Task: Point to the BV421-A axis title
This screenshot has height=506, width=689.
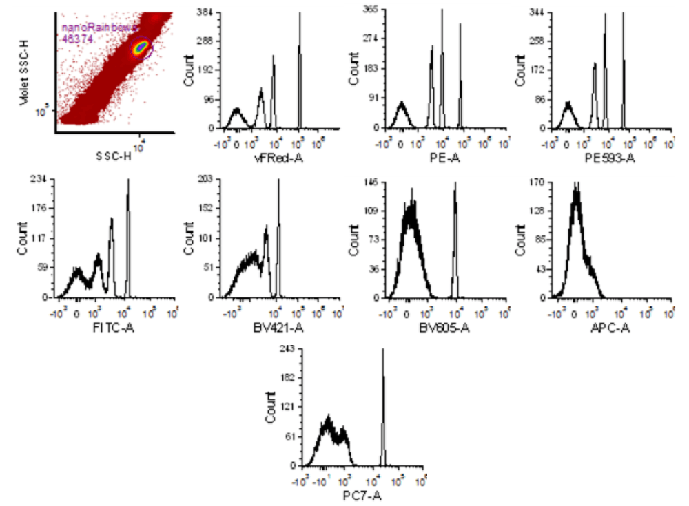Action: [x=278, y=328]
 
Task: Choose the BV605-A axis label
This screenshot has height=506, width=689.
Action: [x=444, y=328]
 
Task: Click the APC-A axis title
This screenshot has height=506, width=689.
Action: [x=610, y=328]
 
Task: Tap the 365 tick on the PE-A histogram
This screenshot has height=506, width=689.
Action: [x=370, y=9]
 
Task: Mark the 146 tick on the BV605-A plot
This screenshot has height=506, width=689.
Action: [x=370, y=182]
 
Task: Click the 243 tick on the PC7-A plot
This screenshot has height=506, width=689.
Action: [x=287, y=350]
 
